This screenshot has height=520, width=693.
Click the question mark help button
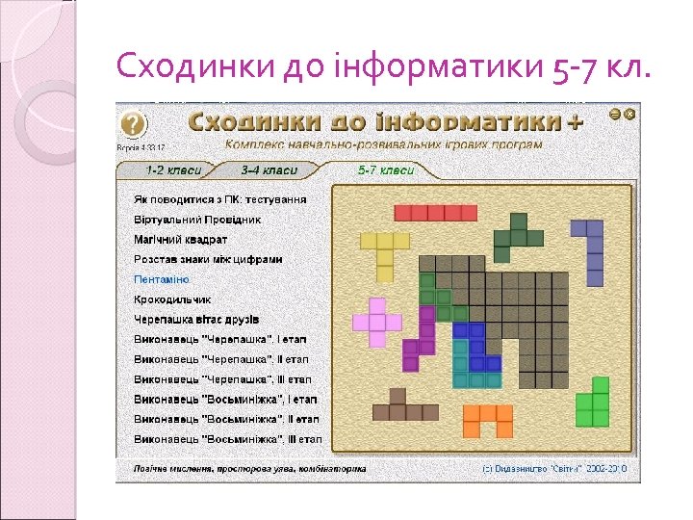click(x=133, y=124)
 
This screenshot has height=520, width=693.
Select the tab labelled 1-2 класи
click(x=173, y=170)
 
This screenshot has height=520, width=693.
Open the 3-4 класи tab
click(x=269, y=170)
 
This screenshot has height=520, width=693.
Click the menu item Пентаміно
click(x=162, y=279)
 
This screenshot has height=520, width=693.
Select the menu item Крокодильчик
click(x=172, y=299)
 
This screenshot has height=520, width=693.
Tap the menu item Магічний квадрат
click(x=181, y=239)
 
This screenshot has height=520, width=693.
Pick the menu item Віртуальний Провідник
click(x=197, y=220)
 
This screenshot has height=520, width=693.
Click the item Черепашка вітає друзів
click(x=196, y=319)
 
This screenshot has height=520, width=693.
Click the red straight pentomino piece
click(x=435, y=213)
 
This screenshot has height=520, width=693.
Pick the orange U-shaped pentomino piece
click(x=488, y=420)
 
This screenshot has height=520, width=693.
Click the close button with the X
click(x=630, y=114)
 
